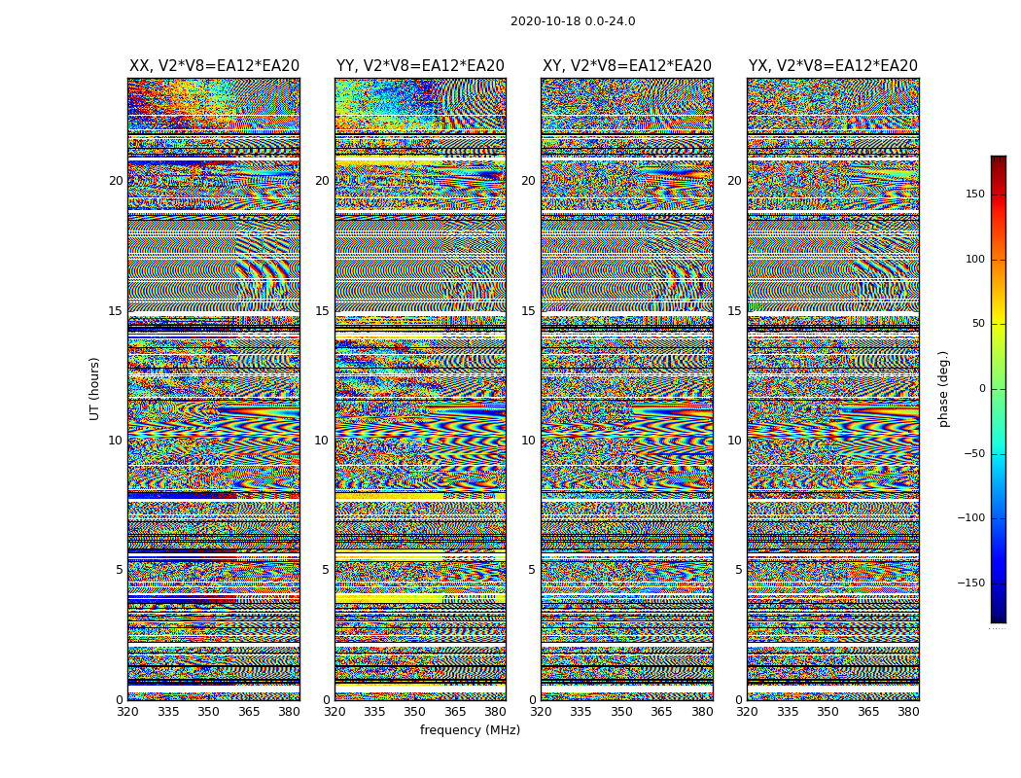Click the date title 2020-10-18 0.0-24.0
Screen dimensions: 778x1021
coord(573,21)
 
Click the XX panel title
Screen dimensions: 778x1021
coord(214,66)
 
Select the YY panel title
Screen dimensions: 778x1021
coord(420,66)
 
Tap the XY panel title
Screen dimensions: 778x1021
coord(626,66)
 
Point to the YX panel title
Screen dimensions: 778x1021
coord(832,66)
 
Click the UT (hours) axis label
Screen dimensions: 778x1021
coord(95,388)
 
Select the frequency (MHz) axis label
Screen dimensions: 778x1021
coord(470,730)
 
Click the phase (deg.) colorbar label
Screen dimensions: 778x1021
coord(944,388)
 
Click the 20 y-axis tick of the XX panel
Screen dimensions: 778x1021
coord(116,181)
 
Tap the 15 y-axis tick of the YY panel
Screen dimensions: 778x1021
coord(322,311)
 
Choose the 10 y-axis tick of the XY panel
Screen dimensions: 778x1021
coord(528,441)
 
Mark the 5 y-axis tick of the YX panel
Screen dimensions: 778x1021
coord(738,570)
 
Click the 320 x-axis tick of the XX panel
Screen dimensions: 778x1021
coord(127,712)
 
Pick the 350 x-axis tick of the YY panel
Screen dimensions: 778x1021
coord(415,712)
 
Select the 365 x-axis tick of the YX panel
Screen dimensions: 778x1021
coord(868,712)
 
